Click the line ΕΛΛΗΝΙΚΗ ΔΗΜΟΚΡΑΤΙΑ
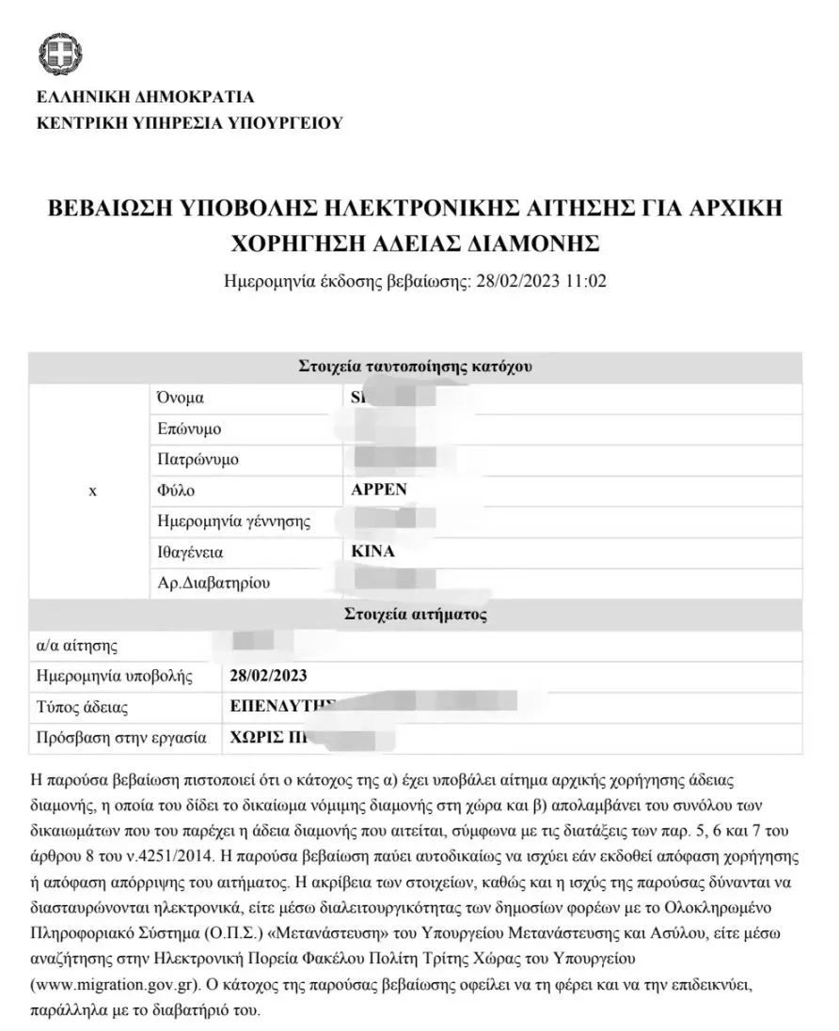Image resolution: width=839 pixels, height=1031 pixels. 145,97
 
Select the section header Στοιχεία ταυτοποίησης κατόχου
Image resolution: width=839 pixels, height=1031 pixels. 415,367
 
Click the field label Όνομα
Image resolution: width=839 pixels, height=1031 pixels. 181,398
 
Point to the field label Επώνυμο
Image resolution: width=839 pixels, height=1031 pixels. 189,429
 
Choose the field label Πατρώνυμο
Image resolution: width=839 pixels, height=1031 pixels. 198,460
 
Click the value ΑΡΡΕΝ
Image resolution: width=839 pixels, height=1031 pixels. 379,491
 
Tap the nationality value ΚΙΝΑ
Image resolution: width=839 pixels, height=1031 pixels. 372,552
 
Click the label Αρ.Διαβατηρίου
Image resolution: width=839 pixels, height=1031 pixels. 214,583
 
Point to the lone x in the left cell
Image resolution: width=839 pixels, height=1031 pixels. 91,491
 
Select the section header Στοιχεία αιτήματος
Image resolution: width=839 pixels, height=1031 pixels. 415,616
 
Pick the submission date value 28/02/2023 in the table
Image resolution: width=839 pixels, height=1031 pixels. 268,676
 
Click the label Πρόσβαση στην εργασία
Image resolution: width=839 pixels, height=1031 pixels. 121,738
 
